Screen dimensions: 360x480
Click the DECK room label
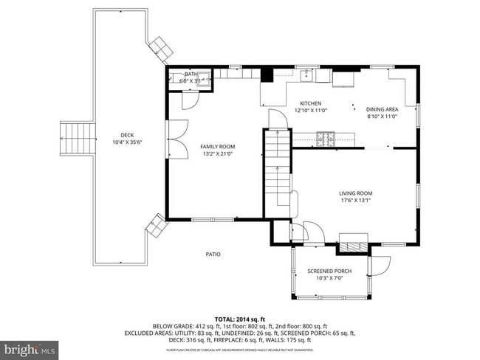[x=127, y=134]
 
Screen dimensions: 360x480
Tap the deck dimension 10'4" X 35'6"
[x=127, y=142]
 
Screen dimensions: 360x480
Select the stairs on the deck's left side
[x=78, y=138]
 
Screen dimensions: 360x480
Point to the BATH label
[x=191, y=74]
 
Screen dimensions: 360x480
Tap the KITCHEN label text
[x=310, y=103]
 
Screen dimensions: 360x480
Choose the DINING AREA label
[x=383, y=109]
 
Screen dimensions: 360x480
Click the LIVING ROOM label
[x=354, y=193]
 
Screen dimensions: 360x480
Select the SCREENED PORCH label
[x=329, y=271]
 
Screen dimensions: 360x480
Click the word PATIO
[x=213, y=255]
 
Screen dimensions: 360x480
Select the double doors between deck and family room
[x=172, y=138]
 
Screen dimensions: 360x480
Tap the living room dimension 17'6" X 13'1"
[x=354, y=200]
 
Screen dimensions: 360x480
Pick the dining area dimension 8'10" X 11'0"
[x=383, y=117]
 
